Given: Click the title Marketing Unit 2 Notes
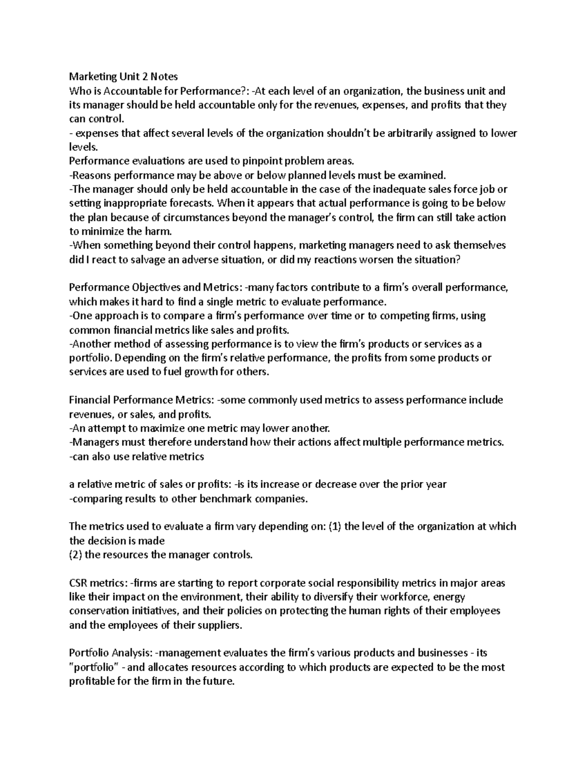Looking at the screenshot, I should (x=123, y=76).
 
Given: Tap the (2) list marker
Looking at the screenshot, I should (x=75, y=555).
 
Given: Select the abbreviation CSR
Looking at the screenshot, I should (x=79, y=583).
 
